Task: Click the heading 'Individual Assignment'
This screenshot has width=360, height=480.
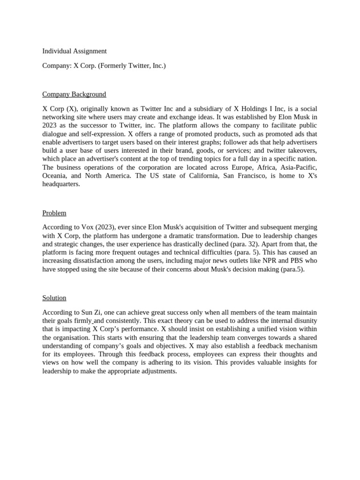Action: [x=75, y=51]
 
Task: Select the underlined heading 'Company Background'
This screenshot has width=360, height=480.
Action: [x=74, y=94]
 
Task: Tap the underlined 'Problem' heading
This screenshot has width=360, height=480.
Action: [x=54, y=213]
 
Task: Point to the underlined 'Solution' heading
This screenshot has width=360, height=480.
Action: [x=54, y=298]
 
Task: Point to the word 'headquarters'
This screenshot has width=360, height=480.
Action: [x=61, y=184]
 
